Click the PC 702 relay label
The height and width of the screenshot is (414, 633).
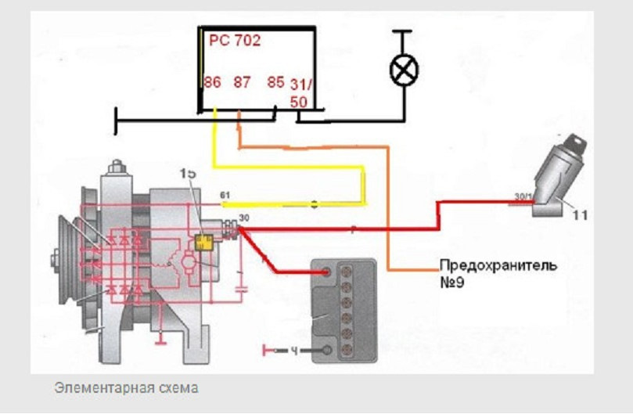point(235,40)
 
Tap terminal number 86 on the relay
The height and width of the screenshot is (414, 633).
point(212,82)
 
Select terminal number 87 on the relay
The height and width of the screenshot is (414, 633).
point(243,82)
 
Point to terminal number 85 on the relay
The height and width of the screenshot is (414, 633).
point(275,82)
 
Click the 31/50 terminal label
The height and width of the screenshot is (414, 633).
point(299,91)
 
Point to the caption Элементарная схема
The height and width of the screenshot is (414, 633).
point(126,388)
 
